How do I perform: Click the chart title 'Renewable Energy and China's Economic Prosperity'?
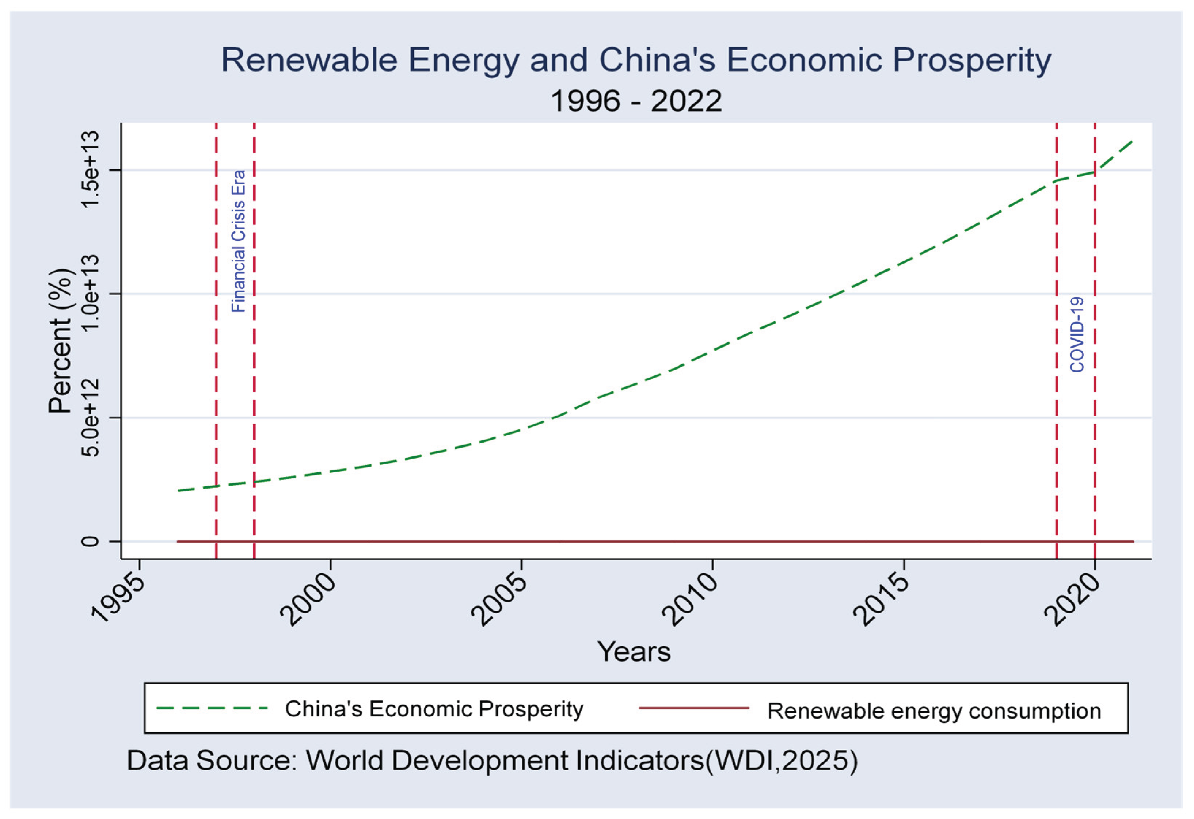[635, 61]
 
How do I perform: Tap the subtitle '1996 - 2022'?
[635, 101]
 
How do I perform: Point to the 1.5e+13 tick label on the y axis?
[90, 169]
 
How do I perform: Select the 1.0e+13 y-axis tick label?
[90, 293]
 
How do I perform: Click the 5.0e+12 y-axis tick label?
[90, 417]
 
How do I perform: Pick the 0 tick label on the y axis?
[90, 541]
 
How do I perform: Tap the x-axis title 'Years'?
[634, 652]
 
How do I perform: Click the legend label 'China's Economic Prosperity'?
[434, 709]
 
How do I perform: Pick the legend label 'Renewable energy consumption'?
[934, 711]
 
